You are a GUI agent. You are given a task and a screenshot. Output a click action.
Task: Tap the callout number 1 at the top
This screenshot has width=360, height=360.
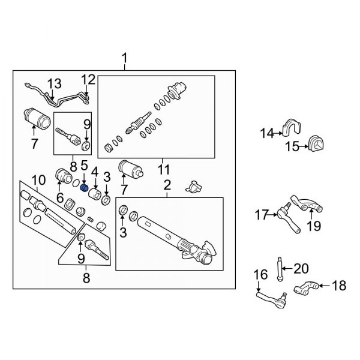[125, 59]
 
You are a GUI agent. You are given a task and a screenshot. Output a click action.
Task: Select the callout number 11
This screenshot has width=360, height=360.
[163, 169]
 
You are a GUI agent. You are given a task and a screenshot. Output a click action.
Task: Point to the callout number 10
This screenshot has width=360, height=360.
[38, 179]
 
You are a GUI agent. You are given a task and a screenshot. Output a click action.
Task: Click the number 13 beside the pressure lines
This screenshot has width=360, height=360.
[55, 83]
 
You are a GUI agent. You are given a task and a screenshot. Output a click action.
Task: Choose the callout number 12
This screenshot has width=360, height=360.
[88, 79]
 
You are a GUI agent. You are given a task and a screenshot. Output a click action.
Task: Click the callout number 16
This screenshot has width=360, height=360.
[260, 275]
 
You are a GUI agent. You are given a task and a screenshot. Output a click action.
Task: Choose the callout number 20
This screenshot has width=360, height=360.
[301, 268]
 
